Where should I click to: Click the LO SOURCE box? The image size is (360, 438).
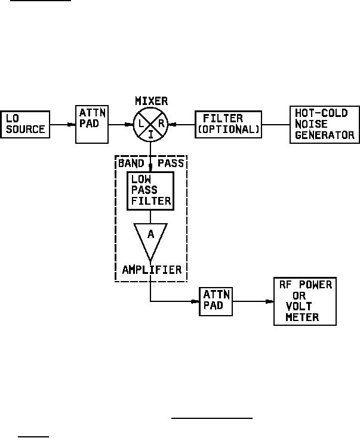click(25, 124)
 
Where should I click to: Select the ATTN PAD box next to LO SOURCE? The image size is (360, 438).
click(93, 124)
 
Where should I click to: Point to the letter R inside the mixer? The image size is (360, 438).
click(161, 124)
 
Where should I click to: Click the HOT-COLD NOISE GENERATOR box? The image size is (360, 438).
click(324, 124)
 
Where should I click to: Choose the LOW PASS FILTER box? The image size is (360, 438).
click(150, 190)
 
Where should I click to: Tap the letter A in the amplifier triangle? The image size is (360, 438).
click(150, 235)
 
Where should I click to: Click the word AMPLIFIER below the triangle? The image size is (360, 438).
click(151, 270)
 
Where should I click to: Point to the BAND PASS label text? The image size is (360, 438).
click(150, 162)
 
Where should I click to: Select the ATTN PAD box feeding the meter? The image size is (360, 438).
click(216, 301)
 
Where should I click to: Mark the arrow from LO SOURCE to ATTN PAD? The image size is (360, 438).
click(63, 124)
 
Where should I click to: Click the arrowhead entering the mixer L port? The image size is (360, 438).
click(131, 124)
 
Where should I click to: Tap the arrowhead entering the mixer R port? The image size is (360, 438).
click(173, 124)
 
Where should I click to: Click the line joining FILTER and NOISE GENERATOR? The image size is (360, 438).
click(276, 124)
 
